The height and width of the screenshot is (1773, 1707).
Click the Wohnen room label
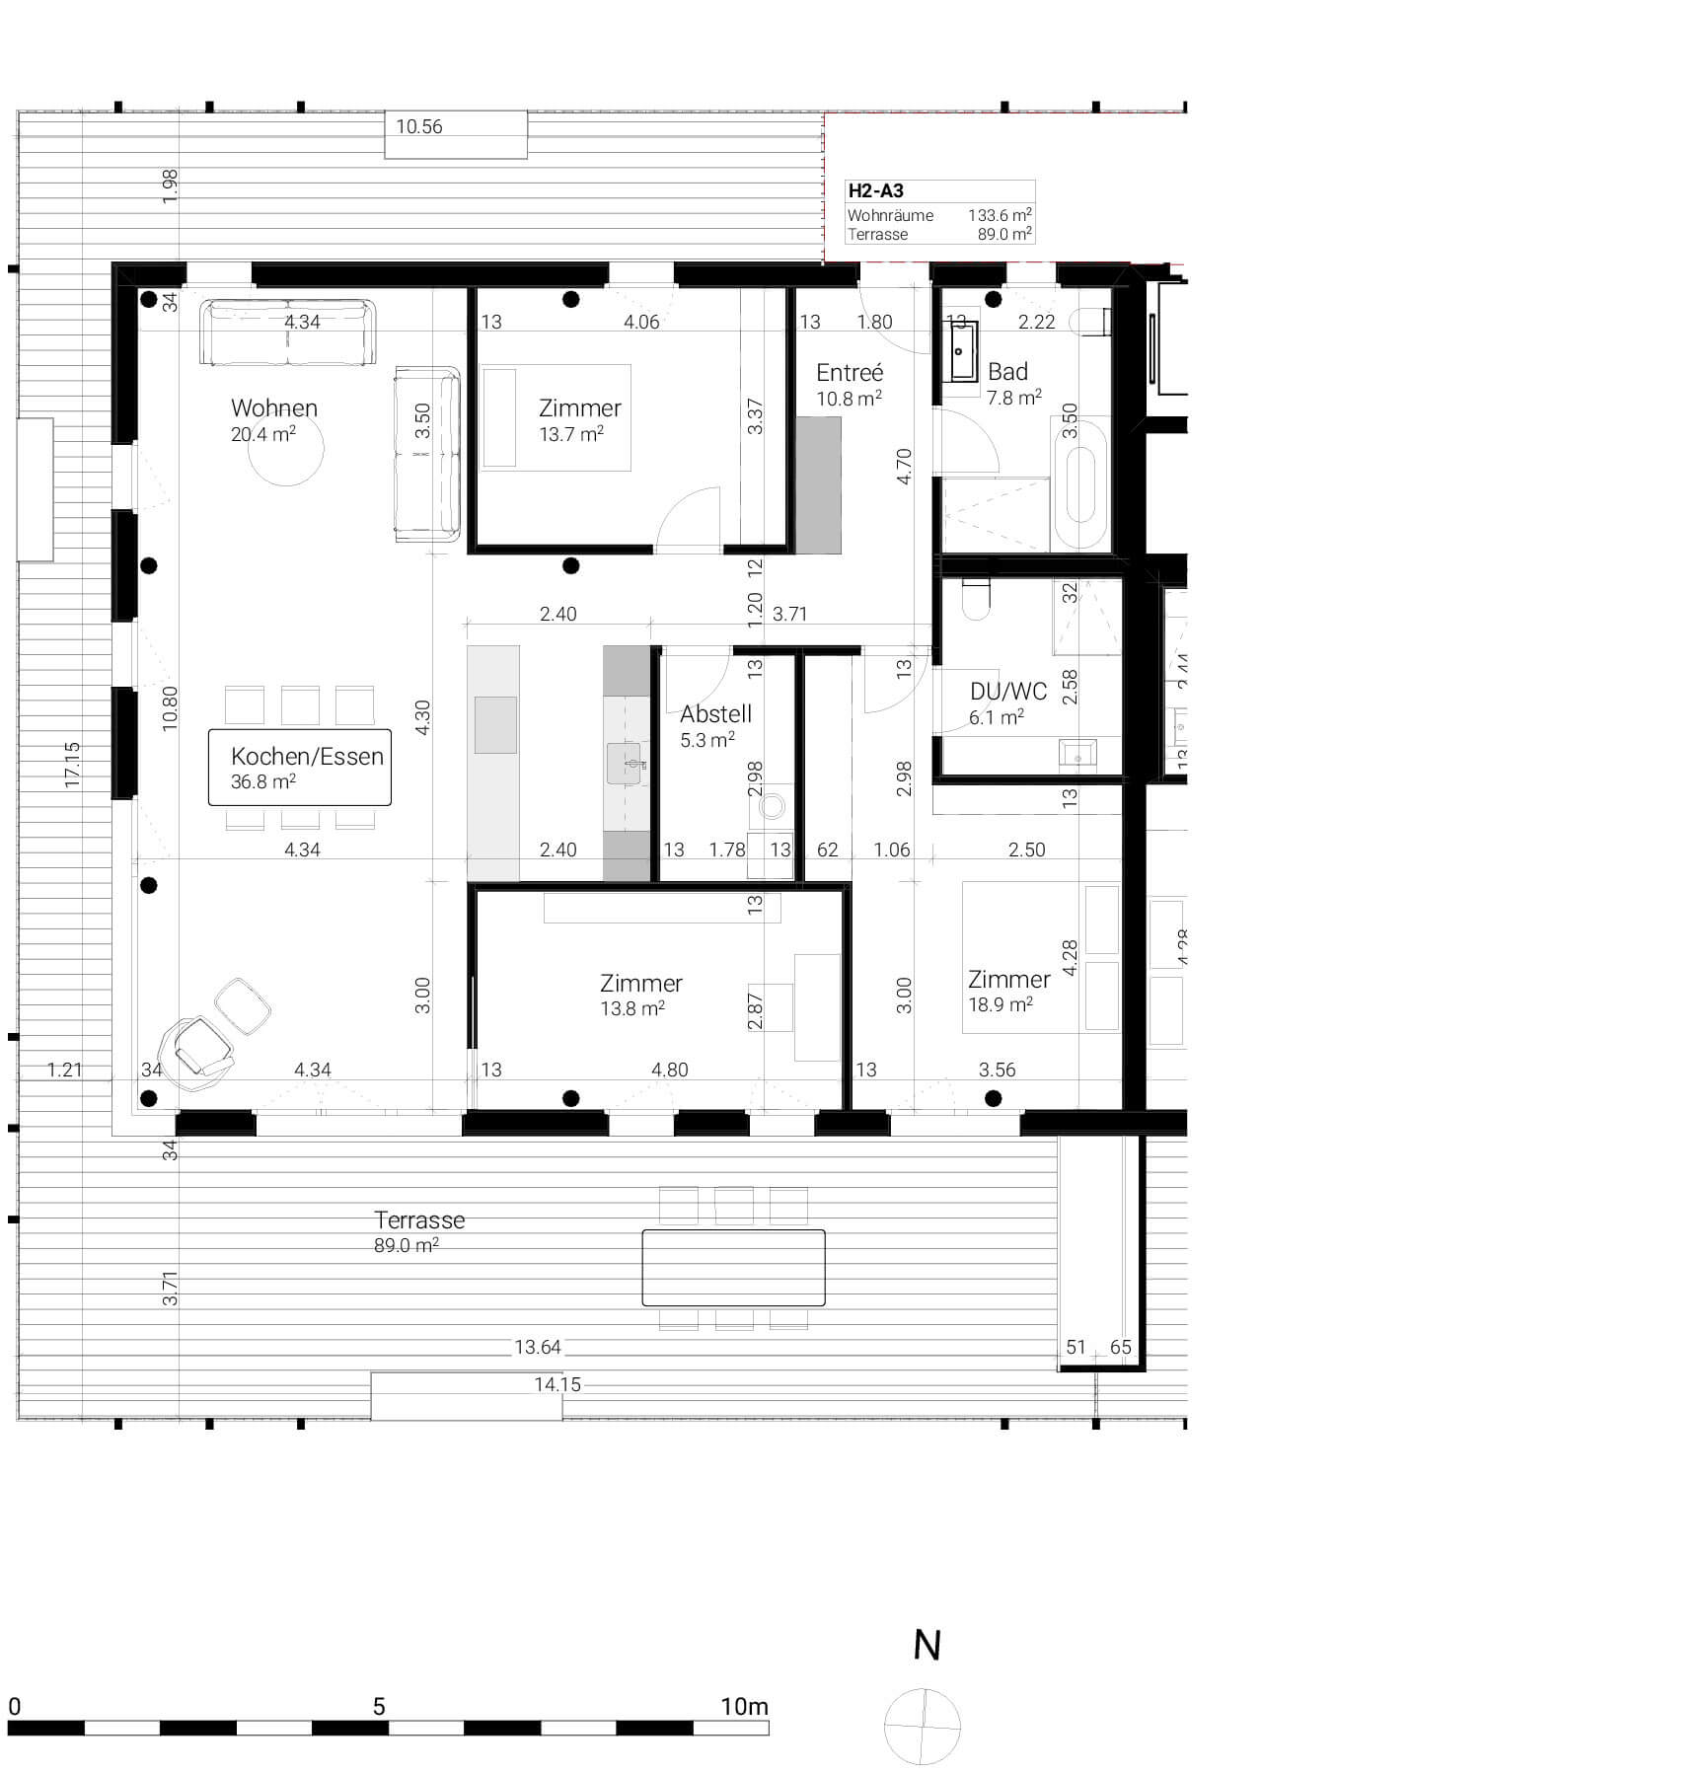(x=273, y=408)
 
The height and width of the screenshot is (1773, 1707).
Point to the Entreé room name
(x=850, y=373)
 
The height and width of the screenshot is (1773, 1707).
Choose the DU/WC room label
(x=1007, y=692)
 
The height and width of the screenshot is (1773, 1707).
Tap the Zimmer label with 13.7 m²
(x=579, y=419)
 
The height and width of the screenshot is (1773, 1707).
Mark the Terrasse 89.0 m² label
(x=418, y=1230)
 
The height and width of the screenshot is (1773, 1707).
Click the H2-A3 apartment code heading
(x=876, y=191)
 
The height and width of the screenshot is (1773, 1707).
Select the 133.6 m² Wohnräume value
(x=999, y=215)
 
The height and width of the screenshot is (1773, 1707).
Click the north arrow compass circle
(x=923, y=1727)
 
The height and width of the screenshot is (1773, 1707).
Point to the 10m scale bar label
(x=744, y=1706)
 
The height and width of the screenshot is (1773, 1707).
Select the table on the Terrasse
(x=733, y=1268)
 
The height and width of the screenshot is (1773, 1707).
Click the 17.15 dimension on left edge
(x=72, y=764)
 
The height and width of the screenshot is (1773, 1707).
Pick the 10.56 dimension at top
(x=419, y=127)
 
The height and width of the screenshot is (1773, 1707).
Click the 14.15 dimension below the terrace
(x=557, y=1384)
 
